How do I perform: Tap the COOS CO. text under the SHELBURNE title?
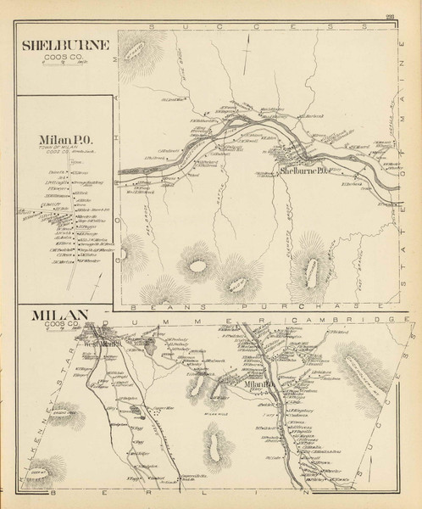tap(57, 58)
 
